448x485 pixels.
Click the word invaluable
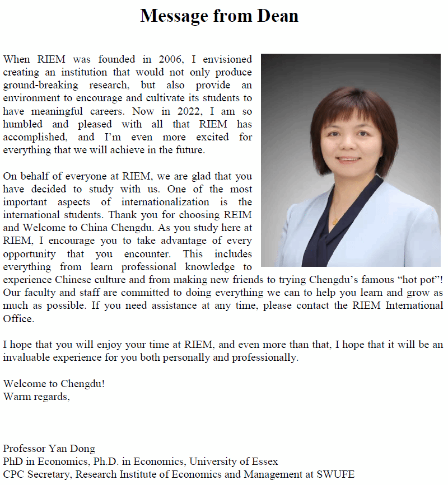24,357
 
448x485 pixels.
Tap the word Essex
264,462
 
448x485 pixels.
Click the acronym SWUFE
337,474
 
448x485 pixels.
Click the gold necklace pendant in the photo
335,221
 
